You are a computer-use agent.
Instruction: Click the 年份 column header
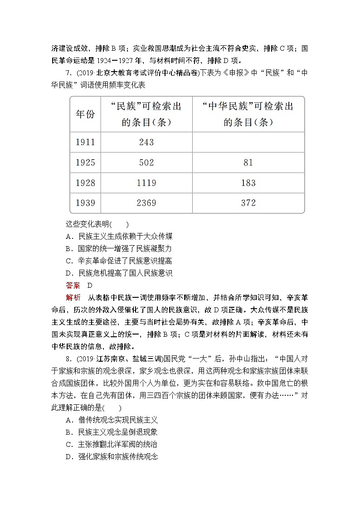coord(85,114)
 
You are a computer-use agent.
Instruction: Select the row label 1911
coord(85,142)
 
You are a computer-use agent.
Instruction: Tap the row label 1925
coord(85,162)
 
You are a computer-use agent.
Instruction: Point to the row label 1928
coord(85,183)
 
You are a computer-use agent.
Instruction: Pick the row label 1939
coord(85,203)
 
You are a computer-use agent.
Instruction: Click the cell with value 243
coord(146,142)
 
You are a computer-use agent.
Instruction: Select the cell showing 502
coord(146,162)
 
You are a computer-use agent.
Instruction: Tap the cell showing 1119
coord(146,183)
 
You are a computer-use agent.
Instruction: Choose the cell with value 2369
coord(146,203)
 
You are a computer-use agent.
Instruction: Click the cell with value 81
coord(248,162)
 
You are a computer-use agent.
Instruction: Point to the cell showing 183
coord(248,183)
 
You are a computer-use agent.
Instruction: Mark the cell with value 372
coord(248,203)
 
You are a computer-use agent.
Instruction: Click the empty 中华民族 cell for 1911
coord(248,142)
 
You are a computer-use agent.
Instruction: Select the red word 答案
coord(73,285)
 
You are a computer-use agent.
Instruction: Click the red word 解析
coord(73,297)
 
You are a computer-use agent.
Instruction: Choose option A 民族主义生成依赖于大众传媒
coord(119,236)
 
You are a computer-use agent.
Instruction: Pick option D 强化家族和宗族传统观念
coord(112,456)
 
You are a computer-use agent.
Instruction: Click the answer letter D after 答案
coord(90,285)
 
